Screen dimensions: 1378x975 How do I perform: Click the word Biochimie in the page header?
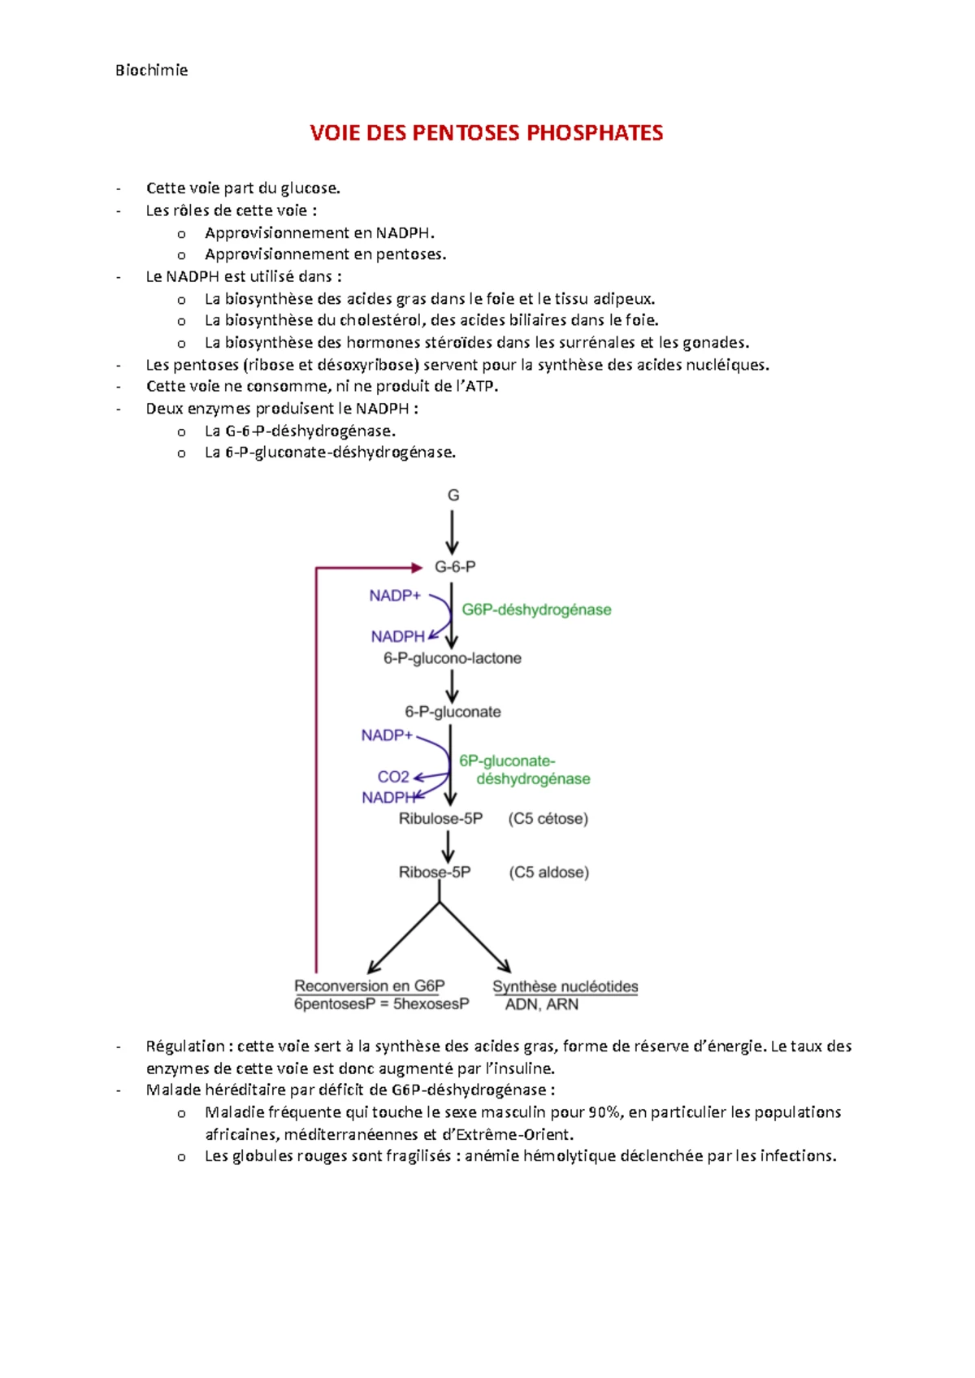tap(151, 70)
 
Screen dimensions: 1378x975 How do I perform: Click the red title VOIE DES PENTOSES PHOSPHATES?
tap(486, 132)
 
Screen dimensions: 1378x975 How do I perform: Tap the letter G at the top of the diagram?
tap(453, 495)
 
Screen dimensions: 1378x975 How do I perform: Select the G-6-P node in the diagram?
tap(455, 566)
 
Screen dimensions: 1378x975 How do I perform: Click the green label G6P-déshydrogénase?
tap(536, 609)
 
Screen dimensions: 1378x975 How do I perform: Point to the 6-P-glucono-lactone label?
tap(453, 658)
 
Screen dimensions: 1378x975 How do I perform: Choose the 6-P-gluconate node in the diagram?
tap(453, 712)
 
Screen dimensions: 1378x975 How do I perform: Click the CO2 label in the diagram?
tap(393, 777)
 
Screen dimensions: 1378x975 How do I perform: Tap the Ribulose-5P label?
tap(440, 818)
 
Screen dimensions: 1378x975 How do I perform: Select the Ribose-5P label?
tap(435, 872)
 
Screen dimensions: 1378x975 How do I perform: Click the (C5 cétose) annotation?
tap(548, 818)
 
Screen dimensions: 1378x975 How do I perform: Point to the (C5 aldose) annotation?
tap(548, 872)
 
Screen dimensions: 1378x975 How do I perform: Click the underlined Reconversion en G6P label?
tap(370, 986)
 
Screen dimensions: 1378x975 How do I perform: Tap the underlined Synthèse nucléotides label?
tap(565, 986)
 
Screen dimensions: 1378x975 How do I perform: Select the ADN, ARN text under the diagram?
tap(542, 1004)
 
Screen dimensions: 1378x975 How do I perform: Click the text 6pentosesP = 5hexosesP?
tap(382, 1004)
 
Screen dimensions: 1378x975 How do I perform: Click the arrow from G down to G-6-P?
tap(453, 531)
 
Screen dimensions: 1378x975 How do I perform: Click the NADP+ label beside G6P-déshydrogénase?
tap(395, 596)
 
